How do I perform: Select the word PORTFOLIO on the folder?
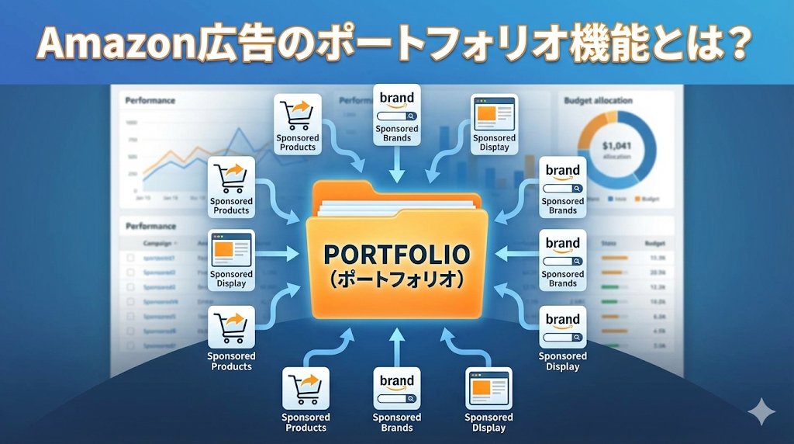tap(396, 255)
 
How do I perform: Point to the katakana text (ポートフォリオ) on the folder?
tap(396, 278)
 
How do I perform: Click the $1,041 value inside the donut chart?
tap(617, 144)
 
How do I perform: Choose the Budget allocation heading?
tap(598, 101)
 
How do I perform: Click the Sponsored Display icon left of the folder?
tap(231, 250)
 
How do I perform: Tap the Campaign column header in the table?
tap(157, 243)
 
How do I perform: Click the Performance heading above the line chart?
tap(150, 101)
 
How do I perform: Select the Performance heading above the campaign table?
tap(150, 227)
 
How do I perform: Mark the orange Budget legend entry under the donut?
tap(647, 199)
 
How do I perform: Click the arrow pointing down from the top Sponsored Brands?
tap(397, 165)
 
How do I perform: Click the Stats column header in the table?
tap(610, 243)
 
